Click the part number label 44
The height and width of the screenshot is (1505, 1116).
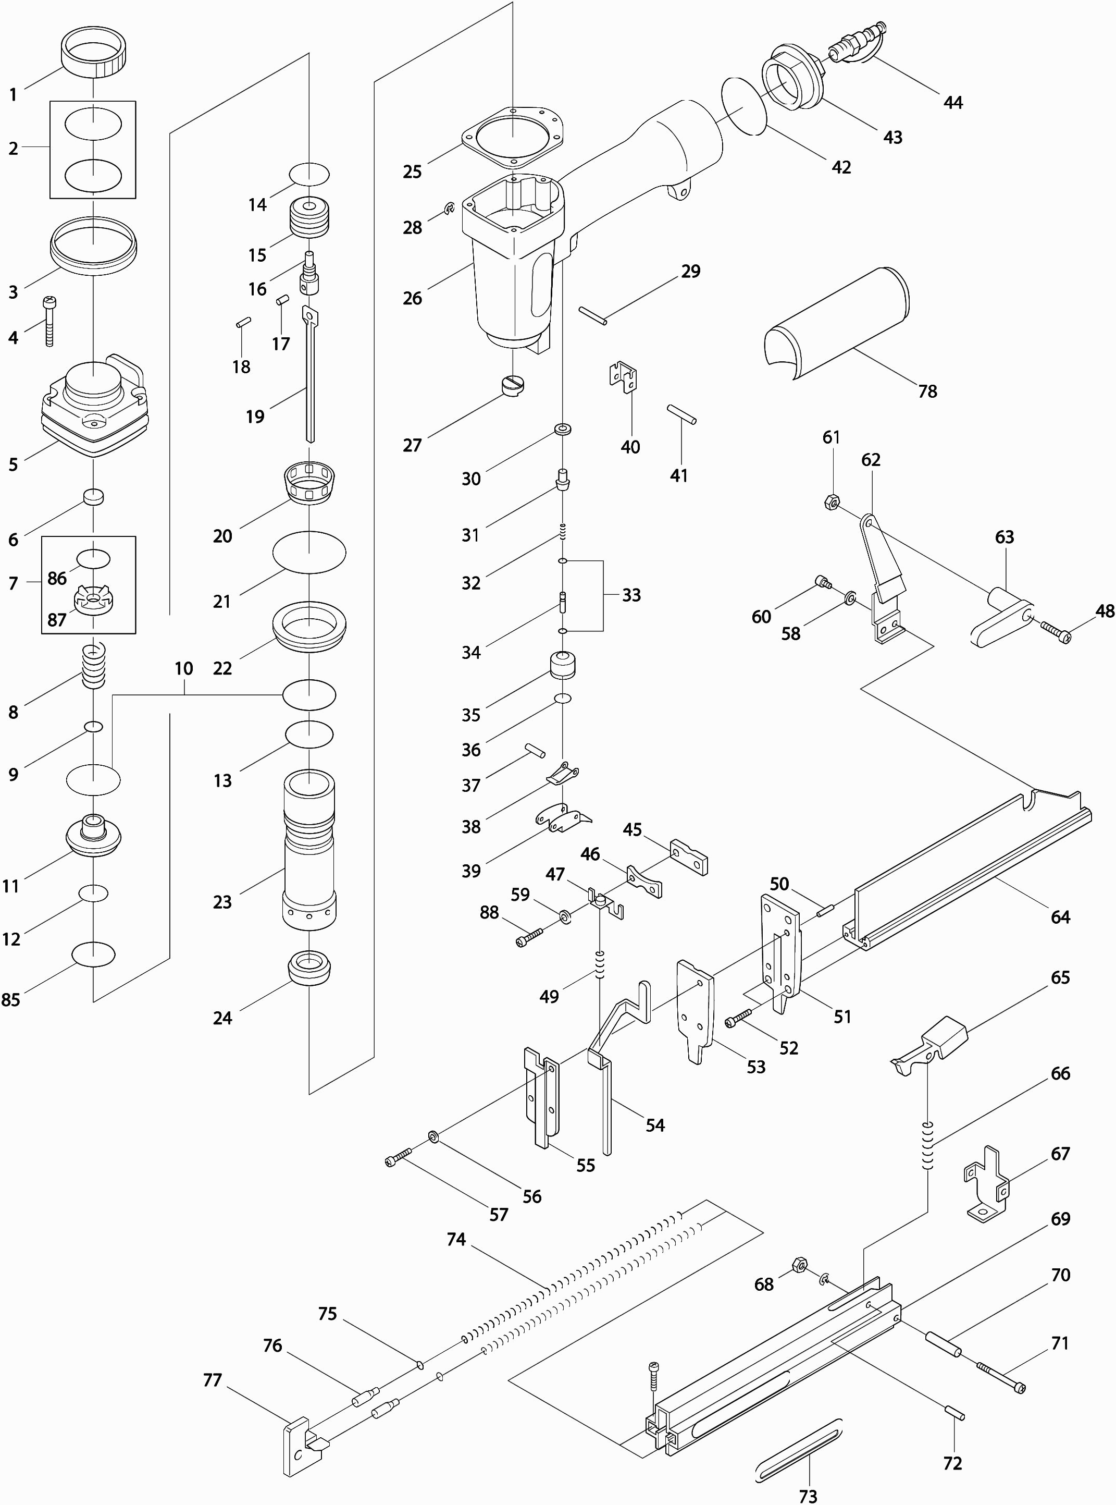tap(952, 103)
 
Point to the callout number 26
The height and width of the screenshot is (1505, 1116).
tap(412, 298)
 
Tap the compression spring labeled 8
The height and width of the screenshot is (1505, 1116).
tap(94, 665)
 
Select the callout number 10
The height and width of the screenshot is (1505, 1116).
tap(184, 668)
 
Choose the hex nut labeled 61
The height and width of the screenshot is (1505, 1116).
tap(832, 502)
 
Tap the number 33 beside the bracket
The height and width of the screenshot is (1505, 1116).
tap(631, 595)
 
